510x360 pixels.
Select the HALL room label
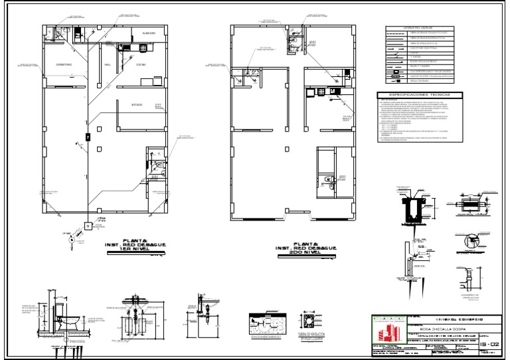point(108,65)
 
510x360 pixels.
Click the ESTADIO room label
point(136,105)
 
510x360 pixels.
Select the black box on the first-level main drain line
point(87,137)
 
